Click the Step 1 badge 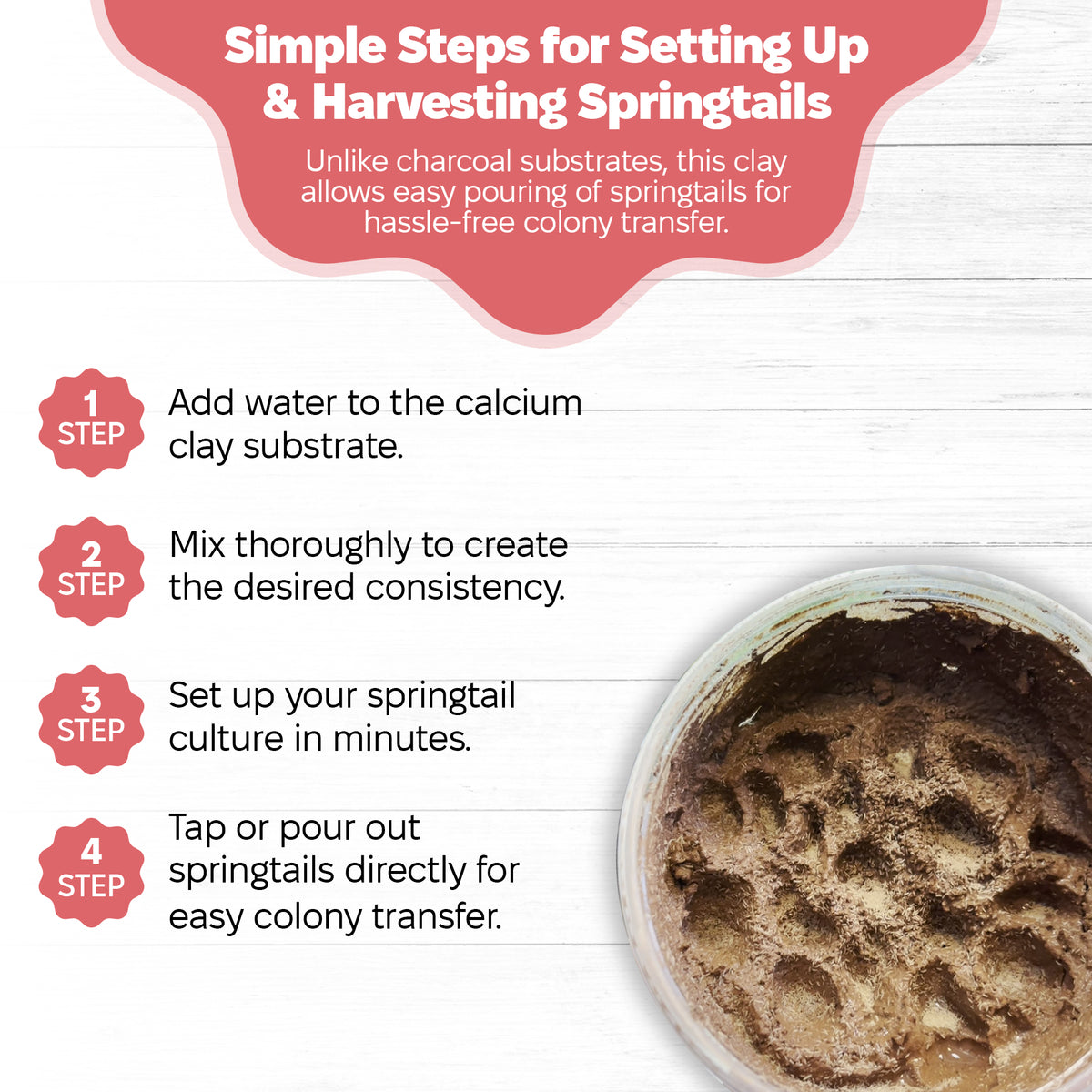coord(91,422)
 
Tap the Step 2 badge coord(91,571)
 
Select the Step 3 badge coord(91,720)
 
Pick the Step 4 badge coord(91,873)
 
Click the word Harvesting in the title coord(440,104)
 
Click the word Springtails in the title coord(704,105)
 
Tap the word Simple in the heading coord(305,47)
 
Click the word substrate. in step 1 coord(323,447)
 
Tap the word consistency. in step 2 coord(465,587)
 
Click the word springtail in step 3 coord(441,697)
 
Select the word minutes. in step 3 coord(402,739)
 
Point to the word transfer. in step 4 coord(437,917)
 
